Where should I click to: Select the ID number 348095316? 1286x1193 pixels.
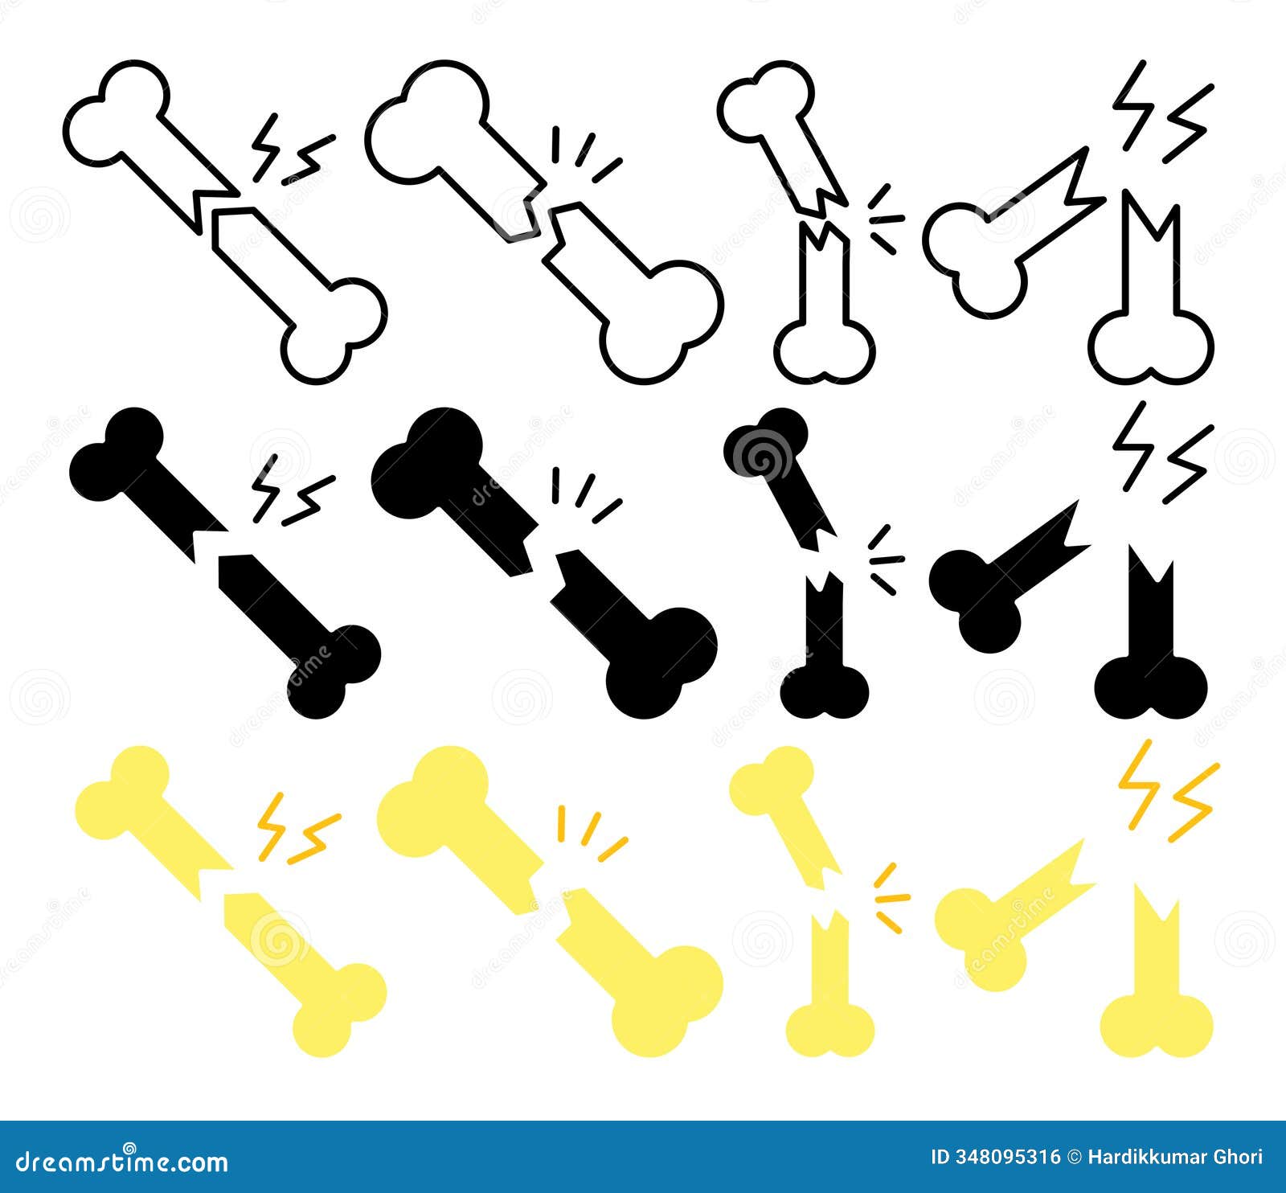click(x=1005, y=1157)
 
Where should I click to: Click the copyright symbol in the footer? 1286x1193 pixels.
click(x=1075, y=1157)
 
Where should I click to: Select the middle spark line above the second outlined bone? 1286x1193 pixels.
click(x=585, y=150)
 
